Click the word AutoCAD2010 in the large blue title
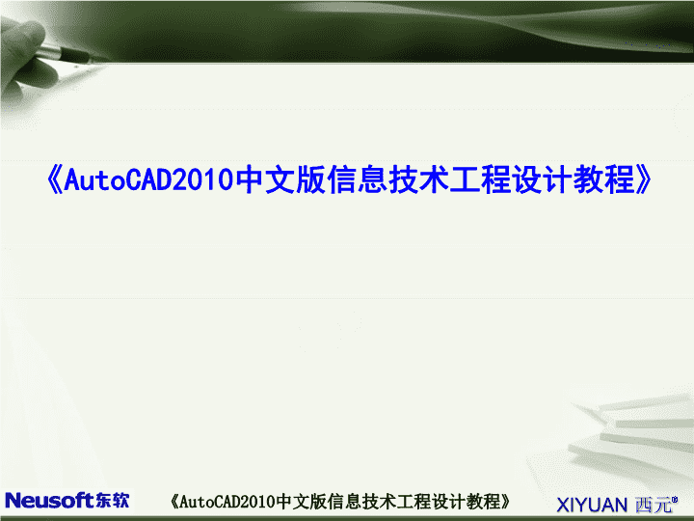click(148, 179)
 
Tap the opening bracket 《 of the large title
click(54, 179)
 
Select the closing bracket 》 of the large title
click(643, 179)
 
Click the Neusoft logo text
click(49, 501)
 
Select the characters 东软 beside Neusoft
click(112, 501)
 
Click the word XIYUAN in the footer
click(592, 505)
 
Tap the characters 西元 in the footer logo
click(654, 505)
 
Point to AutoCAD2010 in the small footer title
click(227, 502)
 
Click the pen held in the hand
click(70, 54)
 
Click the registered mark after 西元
click(675, 500)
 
